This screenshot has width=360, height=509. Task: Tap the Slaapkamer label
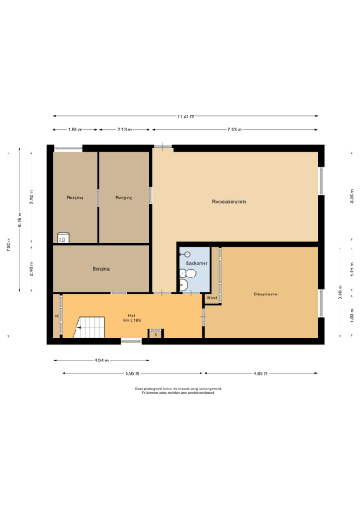[x=267, y=294]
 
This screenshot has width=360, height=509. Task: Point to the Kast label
[x=211, y=299]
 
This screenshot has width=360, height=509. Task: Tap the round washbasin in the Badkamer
[x=188, y=252]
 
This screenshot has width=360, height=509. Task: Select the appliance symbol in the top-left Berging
[x=62, y=238]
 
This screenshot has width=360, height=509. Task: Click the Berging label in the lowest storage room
[x=101, y=269]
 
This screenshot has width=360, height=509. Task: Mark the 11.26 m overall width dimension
[x=186, y=116]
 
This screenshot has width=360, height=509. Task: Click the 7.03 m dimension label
[x=234, y=130]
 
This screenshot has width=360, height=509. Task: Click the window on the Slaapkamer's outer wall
[x=322, y=304]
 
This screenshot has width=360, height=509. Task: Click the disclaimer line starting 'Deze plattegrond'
[x=179, y=389]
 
